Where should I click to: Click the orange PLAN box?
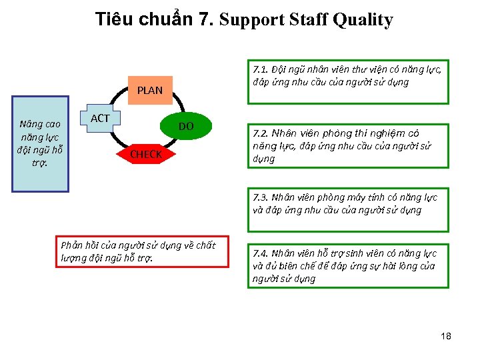(x=150, y=90)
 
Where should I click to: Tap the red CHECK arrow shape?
(x=146, y=155)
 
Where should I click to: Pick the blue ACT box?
(x=100, y=119)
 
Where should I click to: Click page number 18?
(x=446, y=336)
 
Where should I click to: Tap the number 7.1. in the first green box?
(x=261, y=69)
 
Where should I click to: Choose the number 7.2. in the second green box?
(x=261, y=133)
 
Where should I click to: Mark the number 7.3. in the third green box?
(x=261, y=197)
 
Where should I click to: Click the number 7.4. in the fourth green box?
(x=261, y=253)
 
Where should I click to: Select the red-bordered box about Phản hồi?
(x=142, y=251)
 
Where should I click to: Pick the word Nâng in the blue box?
(x=30, y=124)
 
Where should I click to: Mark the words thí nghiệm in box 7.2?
(x=382, y=133)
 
